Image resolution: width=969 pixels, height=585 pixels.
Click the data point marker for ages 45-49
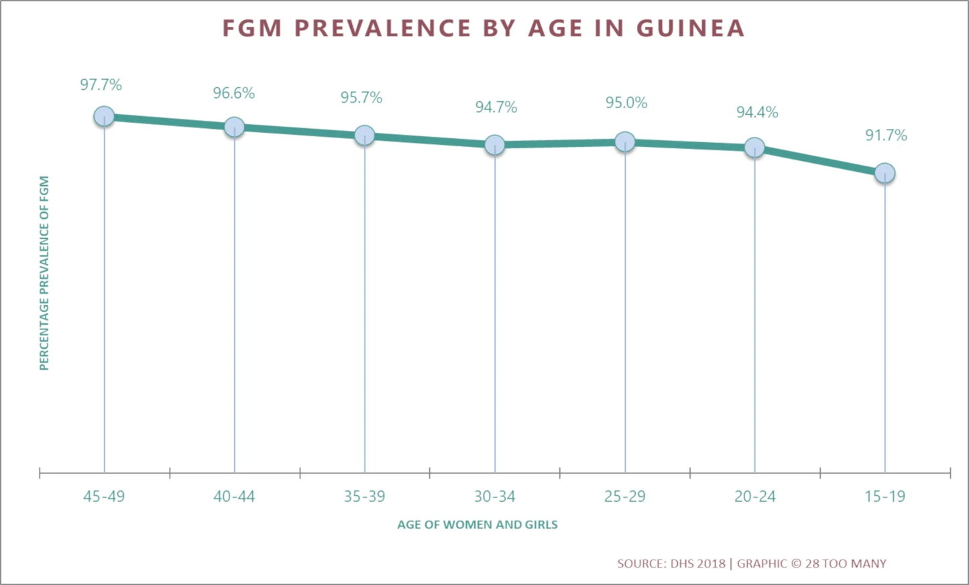pos(104,116)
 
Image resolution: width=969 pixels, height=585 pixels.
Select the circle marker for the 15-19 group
pos(885,173)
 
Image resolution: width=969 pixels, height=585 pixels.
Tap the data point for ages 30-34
pos(494,144)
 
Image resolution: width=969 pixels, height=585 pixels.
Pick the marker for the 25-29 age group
pos(625,142)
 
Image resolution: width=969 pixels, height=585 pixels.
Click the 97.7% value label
pos(101,85)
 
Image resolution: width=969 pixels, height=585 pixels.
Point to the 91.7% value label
pos(885,136)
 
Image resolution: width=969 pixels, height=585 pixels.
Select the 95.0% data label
pos(626,103)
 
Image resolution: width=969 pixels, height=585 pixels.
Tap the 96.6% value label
pos(233,93)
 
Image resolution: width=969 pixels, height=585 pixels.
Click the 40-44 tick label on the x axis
pos(234,496)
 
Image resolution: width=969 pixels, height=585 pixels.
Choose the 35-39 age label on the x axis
pos(364,496)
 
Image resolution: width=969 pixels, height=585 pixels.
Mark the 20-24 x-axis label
pos(754,496)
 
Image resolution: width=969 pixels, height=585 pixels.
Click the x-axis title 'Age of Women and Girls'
pos(477,525)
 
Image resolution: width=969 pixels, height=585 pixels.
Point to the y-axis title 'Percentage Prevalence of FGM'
pos(44,273)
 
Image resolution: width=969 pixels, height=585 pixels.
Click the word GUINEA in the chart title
pos(690,28)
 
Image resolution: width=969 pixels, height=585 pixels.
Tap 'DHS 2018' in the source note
pos(697,564)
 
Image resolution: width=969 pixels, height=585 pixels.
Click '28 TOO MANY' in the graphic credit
pos(846,564)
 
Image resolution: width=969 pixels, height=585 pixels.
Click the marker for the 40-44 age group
pos(234,126)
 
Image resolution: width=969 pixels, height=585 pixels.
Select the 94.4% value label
pos(757,112)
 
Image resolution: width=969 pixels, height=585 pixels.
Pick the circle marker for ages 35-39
pos(364,135)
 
